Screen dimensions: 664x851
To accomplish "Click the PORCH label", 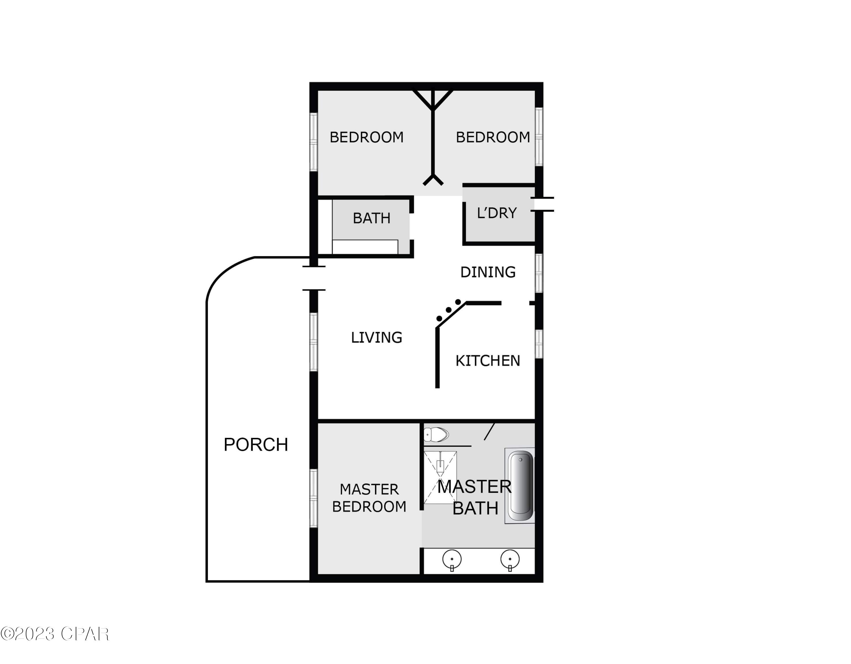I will click(256, 445).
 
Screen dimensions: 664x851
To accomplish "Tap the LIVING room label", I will click(376, 337).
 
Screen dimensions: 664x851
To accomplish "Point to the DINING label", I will click(488, 272).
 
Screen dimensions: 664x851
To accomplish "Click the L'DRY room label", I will click(497, 213).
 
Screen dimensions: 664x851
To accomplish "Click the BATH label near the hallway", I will click(371, 218).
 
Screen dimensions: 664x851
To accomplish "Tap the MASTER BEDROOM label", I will click(369, 498).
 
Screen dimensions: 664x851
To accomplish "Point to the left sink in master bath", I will click(452, 560).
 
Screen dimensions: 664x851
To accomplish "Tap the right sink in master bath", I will click(510, 560).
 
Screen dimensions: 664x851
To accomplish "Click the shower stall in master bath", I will click(440, 477).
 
